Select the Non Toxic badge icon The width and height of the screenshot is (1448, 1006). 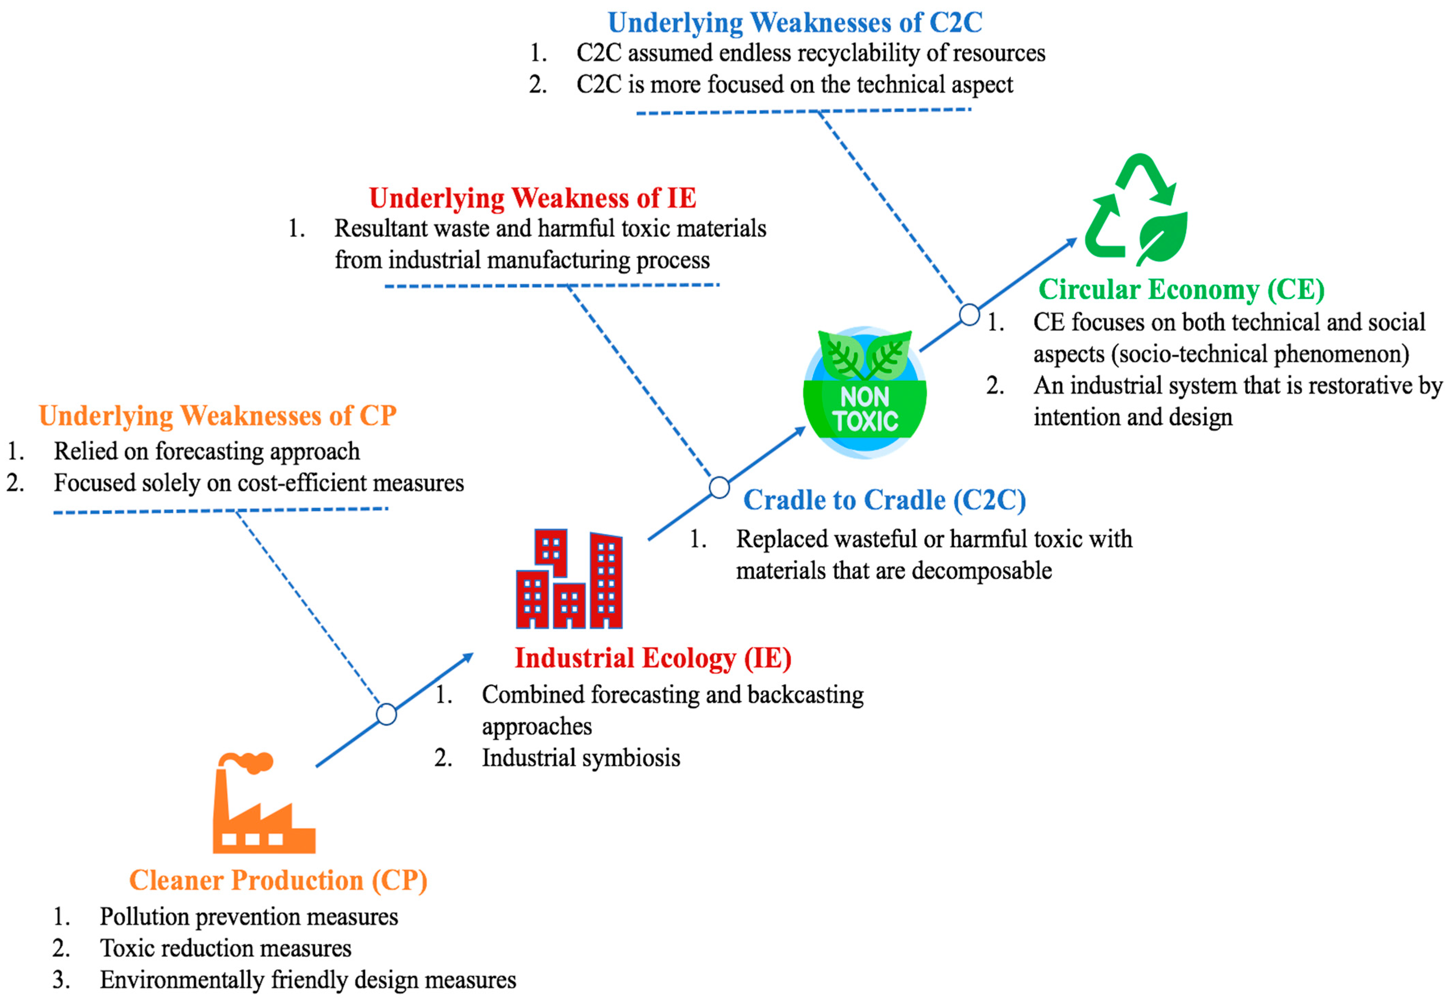point(864,393)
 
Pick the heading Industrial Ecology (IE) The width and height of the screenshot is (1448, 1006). point(652,658)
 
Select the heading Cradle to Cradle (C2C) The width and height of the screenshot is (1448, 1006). point(885,500)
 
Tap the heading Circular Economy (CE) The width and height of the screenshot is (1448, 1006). point(1181,289)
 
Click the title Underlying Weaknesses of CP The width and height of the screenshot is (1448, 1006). point(217,416)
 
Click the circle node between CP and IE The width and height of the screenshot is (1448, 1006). point(386,714)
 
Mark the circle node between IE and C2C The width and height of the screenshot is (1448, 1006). point(719,487)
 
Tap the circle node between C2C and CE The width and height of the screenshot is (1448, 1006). point(969,314)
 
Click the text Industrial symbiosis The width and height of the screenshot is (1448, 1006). point(581,757)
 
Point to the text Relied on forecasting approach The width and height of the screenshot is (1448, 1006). point(207,451)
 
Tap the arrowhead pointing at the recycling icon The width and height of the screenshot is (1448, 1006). point(1070,243)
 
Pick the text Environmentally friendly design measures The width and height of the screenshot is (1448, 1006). point(308,980)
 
